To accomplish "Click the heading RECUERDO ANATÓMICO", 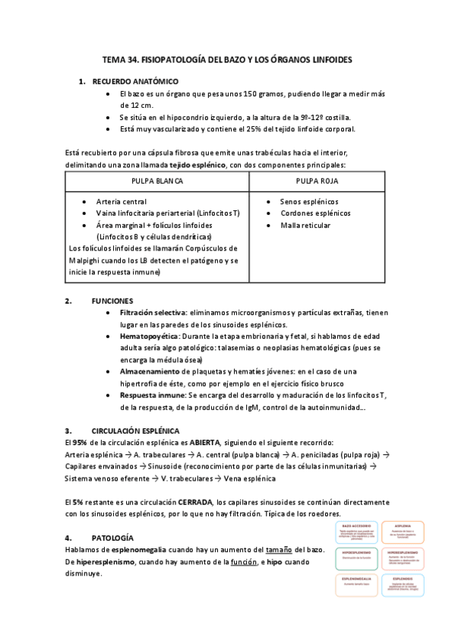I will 135,80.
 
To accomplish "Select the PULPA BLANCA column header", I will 156,182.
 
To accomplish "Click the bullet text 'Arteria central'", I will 122,202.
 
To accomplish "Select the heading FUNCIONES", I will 112,300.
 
